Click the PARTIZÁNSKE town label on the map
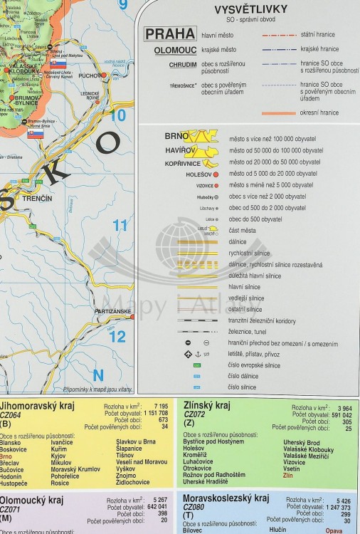click(113, 312)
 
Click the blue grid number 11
click(120, 226)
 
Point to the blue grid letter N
click(98, 375)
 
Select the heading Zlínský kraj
click(207, 406)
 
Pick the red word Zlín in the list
click(288, 476)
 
